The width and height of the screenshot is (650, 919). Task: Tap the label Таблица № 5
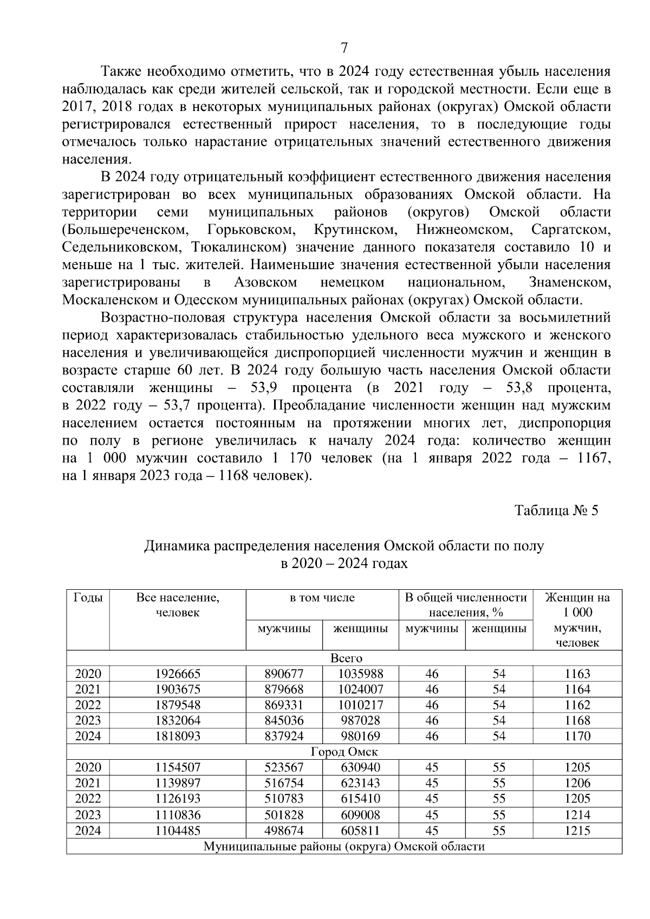tap(556, 511)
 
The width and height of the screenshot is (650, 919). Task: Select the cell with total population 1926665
tap(178, 674)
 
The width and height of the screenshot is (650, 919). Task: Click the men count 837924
tap(284, 736)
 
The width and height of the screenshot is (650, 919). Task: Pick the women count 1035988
tap(360, 674)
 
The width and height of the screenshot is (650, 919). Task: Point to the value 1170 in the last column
tap(577, 736)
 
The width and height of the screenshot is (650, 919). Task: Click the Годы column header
tap(88, 598)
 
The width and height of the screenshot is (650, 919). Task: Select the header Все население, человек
tap(178, 605)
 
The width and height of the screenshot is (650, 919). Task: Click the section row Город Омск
tap(344, 752)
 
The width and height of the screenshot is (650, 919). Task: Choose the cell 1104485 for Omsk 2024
tap(178, 830)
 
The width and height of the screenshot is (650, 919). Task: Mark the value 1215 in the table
tap(577, 830)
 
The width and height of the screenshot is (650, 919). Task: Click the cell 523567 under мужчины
tap(284, 767)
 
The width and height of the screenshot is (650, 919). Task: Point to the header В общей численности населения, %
tap(466, 605)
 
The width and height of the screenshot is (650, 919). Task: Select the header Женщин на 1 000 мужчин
tap(577, 620)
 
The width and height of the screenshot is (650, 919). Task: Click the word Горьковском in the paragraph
tap(251, 230)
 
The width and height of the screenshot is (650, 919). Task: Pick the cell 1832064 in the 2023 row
tap(178, 720)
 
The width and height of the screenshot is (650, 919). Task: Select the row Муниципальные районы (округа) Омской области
tap(344, 846)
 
